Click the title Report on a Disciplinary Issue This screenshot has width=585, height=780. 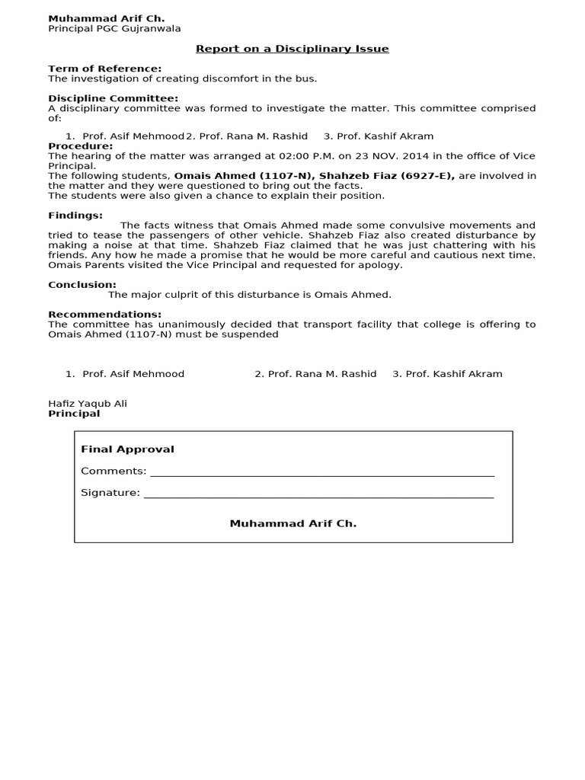click(292, 49)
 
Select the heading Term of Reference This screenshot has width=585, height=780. click(105, 69)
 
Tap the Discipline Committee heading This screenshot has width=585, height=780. click(113, 98)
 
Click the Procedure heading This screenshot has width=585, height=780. click(81, 146)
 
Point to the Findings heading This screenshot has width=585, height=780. click(75, 216)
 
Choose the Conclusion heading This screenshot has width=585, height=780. click(82, 285)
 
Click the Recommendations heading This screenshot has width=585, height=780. click(105, 315)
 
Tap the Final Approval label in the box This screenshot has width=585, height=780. click(127, 449)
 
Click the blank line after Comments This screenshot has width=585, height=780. click(322, 472)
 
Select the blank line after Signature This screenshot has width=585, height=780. click(318, 494)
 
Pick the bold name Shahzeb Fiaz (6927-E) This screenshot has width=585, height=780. click(387, 176)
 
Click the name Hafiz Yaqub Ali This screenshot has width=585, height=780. click(88, 404)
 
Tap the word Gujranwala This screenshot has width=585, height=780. click(150, 29)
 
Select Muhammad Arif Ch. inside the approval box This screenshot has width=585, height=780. click(293, 524)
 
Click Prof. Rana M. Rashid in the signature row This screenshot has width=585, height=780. click(315, 374)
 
